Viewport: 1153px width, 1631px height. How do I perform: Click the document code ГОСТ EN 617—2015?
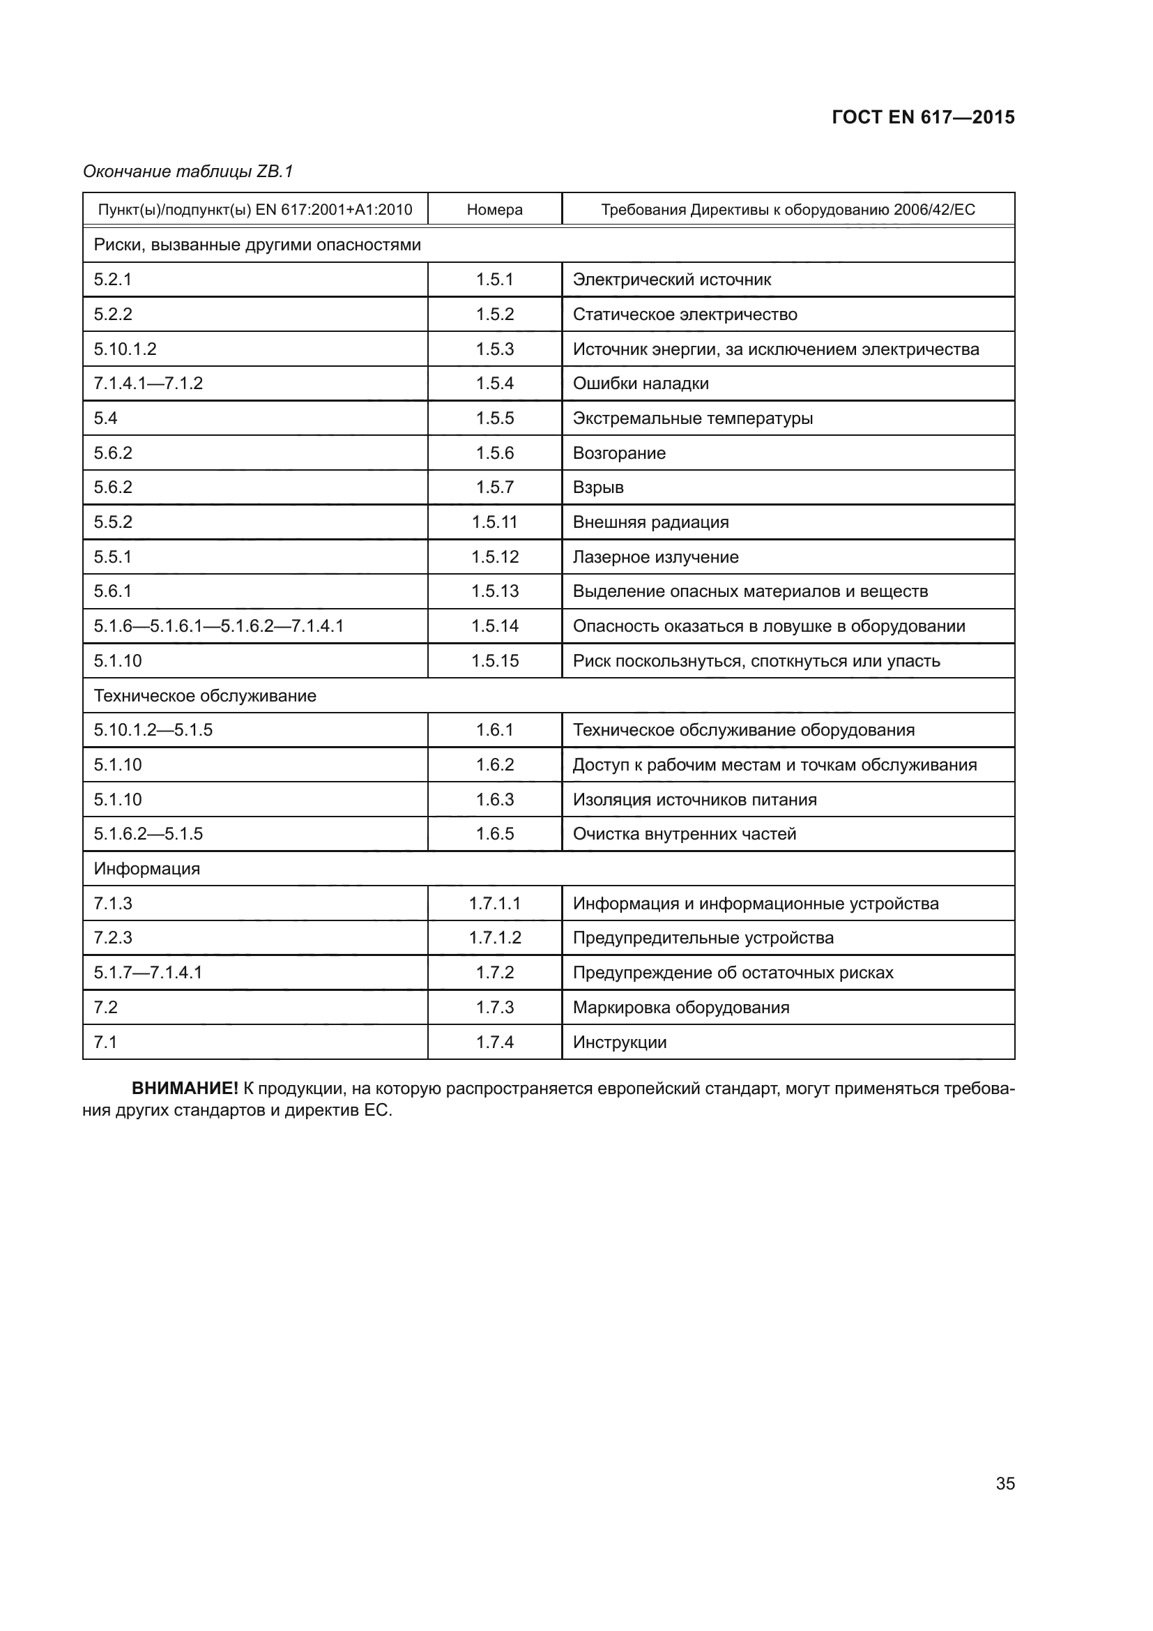(923, 117)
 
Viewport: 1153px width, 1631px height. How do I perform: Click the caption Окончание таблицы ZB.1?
(188, 172)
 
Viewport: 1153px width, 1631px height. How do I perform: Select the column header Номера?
(495, 210)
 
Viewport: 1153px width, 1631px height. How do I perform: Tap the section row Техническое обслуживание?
(205, 695)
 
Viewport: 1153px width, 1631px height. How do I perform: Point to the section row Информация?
(147, 869)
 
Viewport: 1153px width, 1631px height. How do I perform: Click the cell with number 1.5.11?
(495, 522)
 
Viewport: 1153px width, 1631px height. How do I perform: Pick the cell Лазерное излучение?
(655, 557)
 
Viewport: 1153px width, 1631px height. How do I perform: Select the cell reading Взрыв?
(598, 487)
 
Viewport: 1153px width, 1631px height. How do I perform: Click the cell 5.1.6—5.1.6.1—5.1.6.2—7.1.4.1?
(219, 625)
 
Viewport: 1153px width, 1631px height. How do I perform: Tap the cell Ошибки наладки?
(641, 384)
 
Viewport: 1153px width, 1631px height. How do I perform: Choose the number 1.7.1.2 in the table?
(495, 938)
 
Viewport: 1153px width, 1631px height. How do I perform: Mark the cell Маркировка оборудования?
(681, 1008)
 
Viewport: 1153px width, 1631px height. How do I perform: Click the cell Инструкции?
(620, 1042)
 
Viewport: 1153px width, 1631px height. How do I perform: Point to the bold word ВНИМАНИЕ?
(185, 1088)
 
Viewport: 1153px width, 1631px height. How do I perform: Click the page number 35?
(1005, 1483)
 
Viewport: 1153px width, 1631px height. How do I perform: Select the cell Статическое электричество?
(685, 314)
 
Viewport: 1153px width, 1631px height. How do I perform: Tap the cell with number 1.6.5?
(495, 834)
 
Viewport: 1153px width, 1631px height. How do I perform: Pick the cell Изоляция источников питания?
(694, 800)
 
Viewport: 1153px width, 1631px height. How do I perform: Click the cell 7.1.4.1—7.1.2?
(148, 384)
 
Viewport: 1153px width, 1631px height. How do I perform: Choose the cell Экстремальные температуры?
(693, 418)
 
